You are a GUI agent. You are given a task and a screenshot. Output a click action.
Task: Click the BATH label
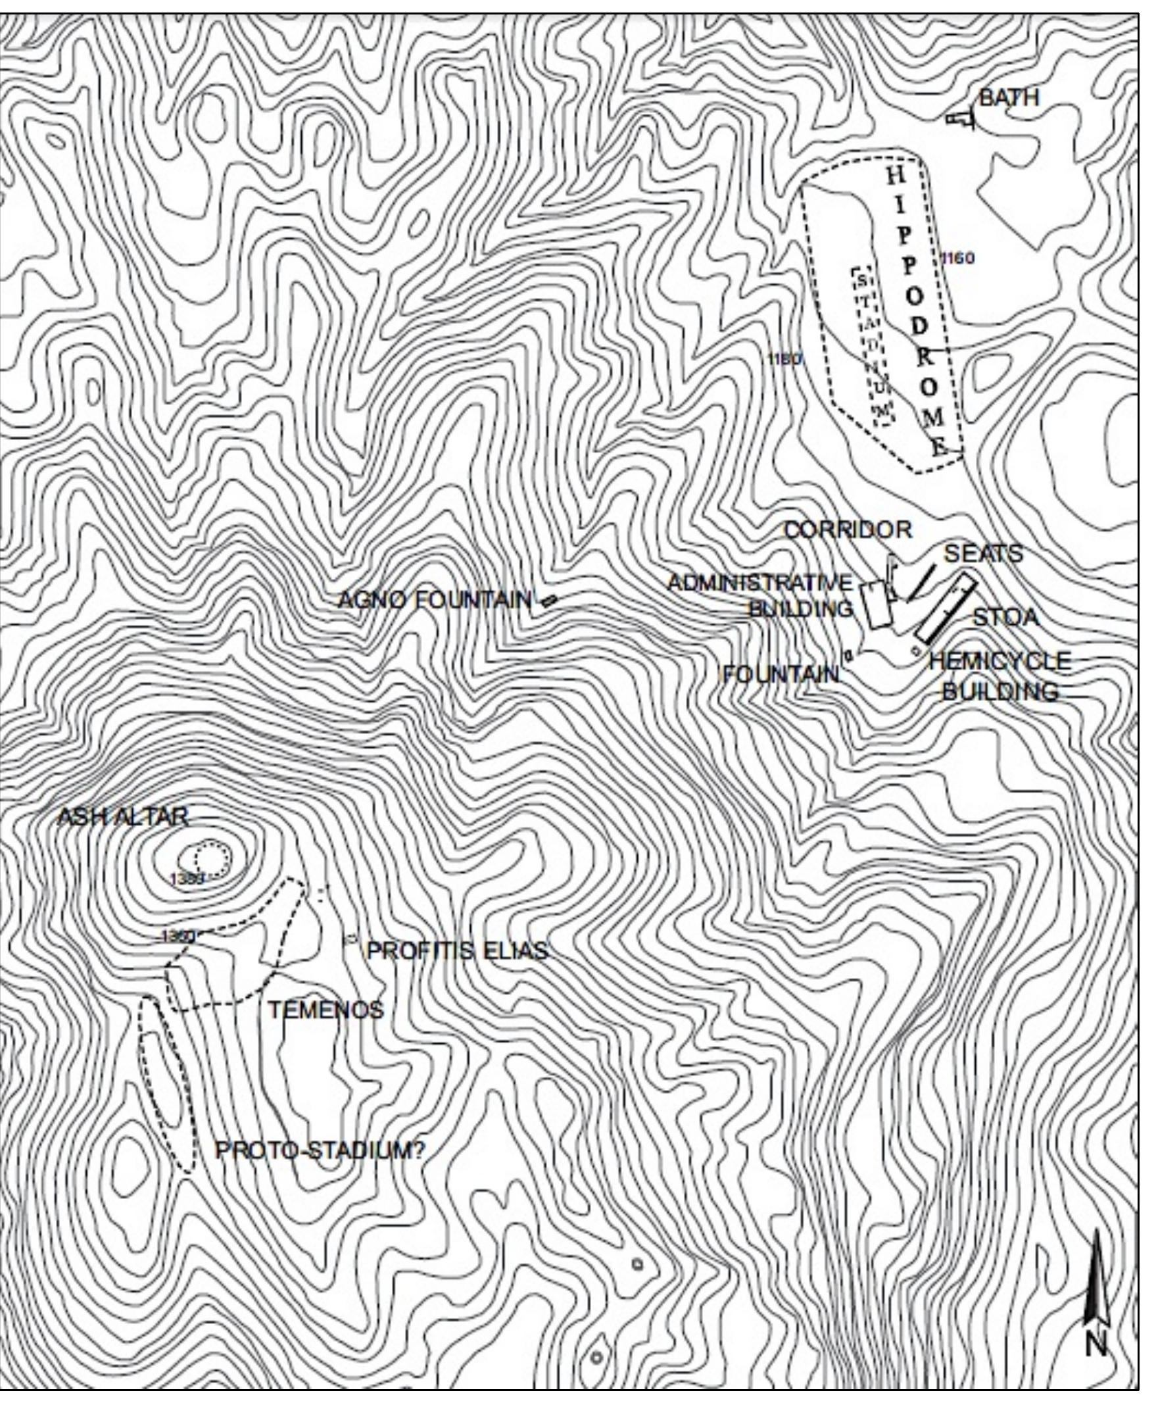tap(1009, 98)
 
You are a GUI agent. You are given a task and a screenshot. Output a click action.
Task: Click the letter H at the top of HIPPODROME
tap(897, 176)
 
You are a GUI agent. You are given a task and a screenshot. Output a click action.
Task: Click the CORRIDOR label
tap(848, 530)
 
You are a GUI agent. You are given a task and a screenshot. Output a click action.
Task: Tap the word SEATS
tap(983, 554)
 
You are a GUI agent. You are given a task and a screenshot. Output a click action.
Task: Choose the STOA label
tap(1006, 618)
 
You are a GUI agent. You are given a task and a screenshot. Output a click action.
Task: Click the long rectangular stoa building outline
tap(946, 610)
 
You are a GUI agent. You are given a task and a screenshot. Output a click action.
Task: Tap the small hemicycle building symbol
tap(915, 650)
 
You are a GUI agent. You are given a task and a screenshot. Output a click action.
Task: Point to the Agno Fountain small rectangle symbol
tap(548, 601)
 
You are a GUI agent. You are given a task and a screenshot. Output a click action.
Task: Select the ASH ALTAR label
tap(122, 817)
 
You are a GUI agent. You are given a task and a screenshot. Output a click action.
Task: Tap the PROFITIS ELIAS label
tap(458, 950)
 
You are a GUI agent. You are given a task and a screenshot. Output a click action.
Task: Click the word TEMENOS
tap(325, 1010)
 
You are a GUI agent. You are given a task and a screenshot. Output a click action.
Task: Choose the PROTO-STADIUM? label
tap(320, 1150)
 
